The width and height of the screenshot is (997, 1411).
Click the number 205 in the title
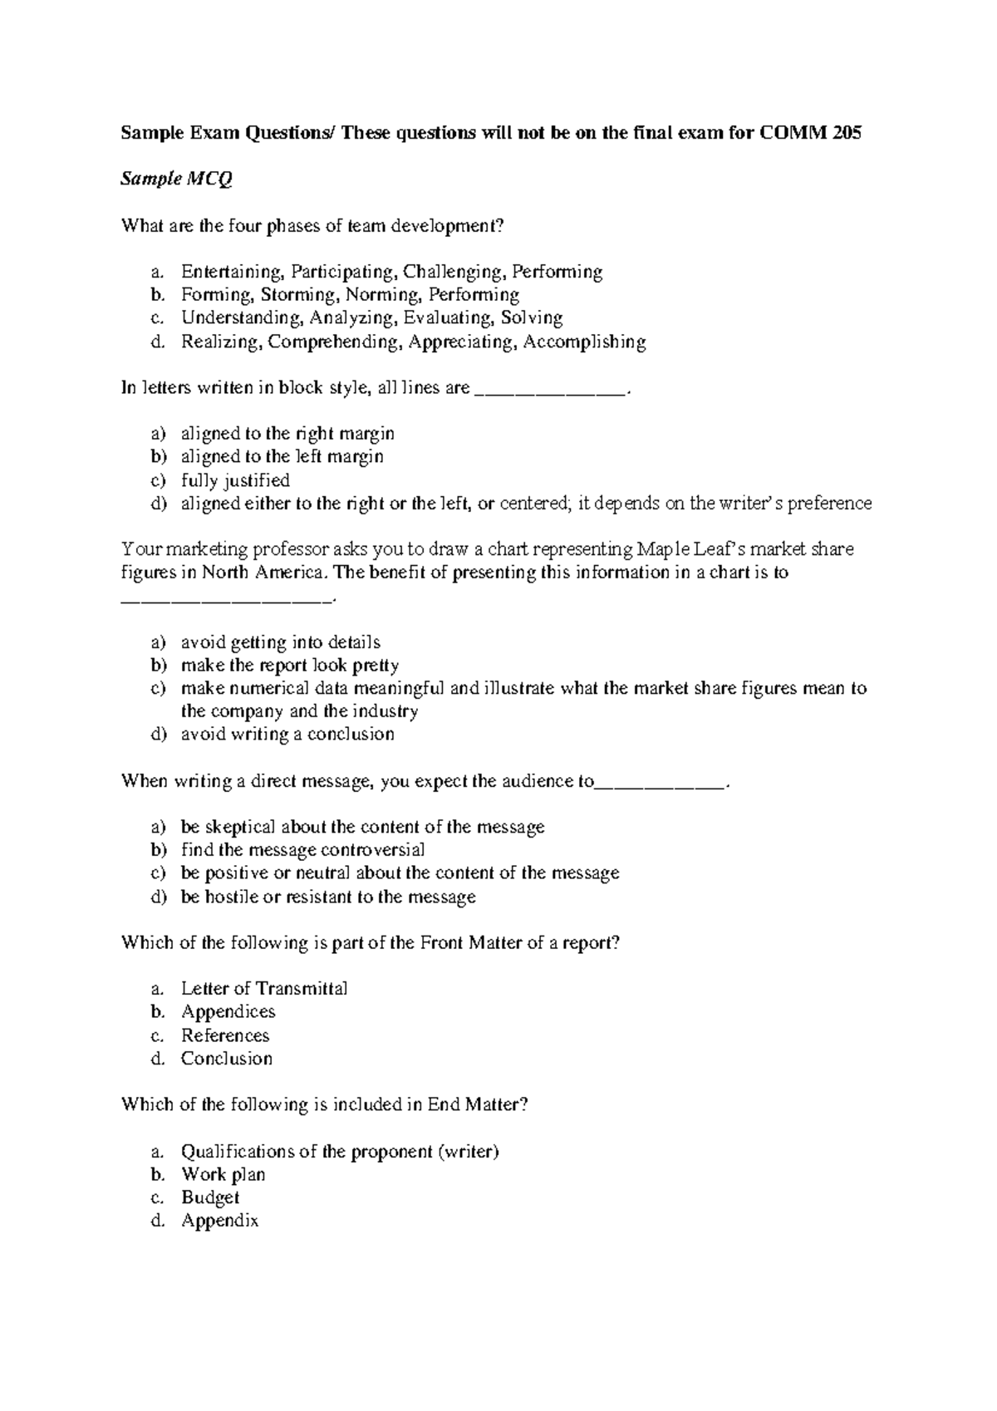[845, 133]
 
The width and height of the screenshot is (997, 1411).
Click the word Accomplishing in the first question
[585, 342]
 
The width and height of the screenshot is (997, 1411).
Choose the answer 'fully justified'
[235, 480]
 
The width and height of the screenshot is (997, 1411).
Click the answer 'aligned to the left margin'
[282, 456]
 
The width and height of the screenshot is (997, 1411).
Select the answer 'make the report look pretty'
[289, 666]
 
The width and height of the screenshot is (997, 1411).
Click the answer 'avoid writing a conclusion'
[287, 735]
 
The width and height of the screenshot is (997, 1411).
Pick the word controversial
[373, 850]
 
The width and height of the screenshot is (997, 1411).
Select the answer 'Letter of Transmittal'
[264, 989]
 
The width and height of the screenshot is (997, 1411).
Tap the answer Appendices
[228, 1012]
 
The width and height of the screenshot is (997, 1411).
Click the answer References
[225, 1035]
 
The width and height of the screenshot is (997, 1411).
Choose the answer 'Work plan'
[223, 1175]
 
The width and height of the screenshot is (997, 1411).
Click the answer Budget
[210, 1198]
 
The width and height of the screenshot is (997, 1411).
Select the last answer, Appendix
[219, 1222]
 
